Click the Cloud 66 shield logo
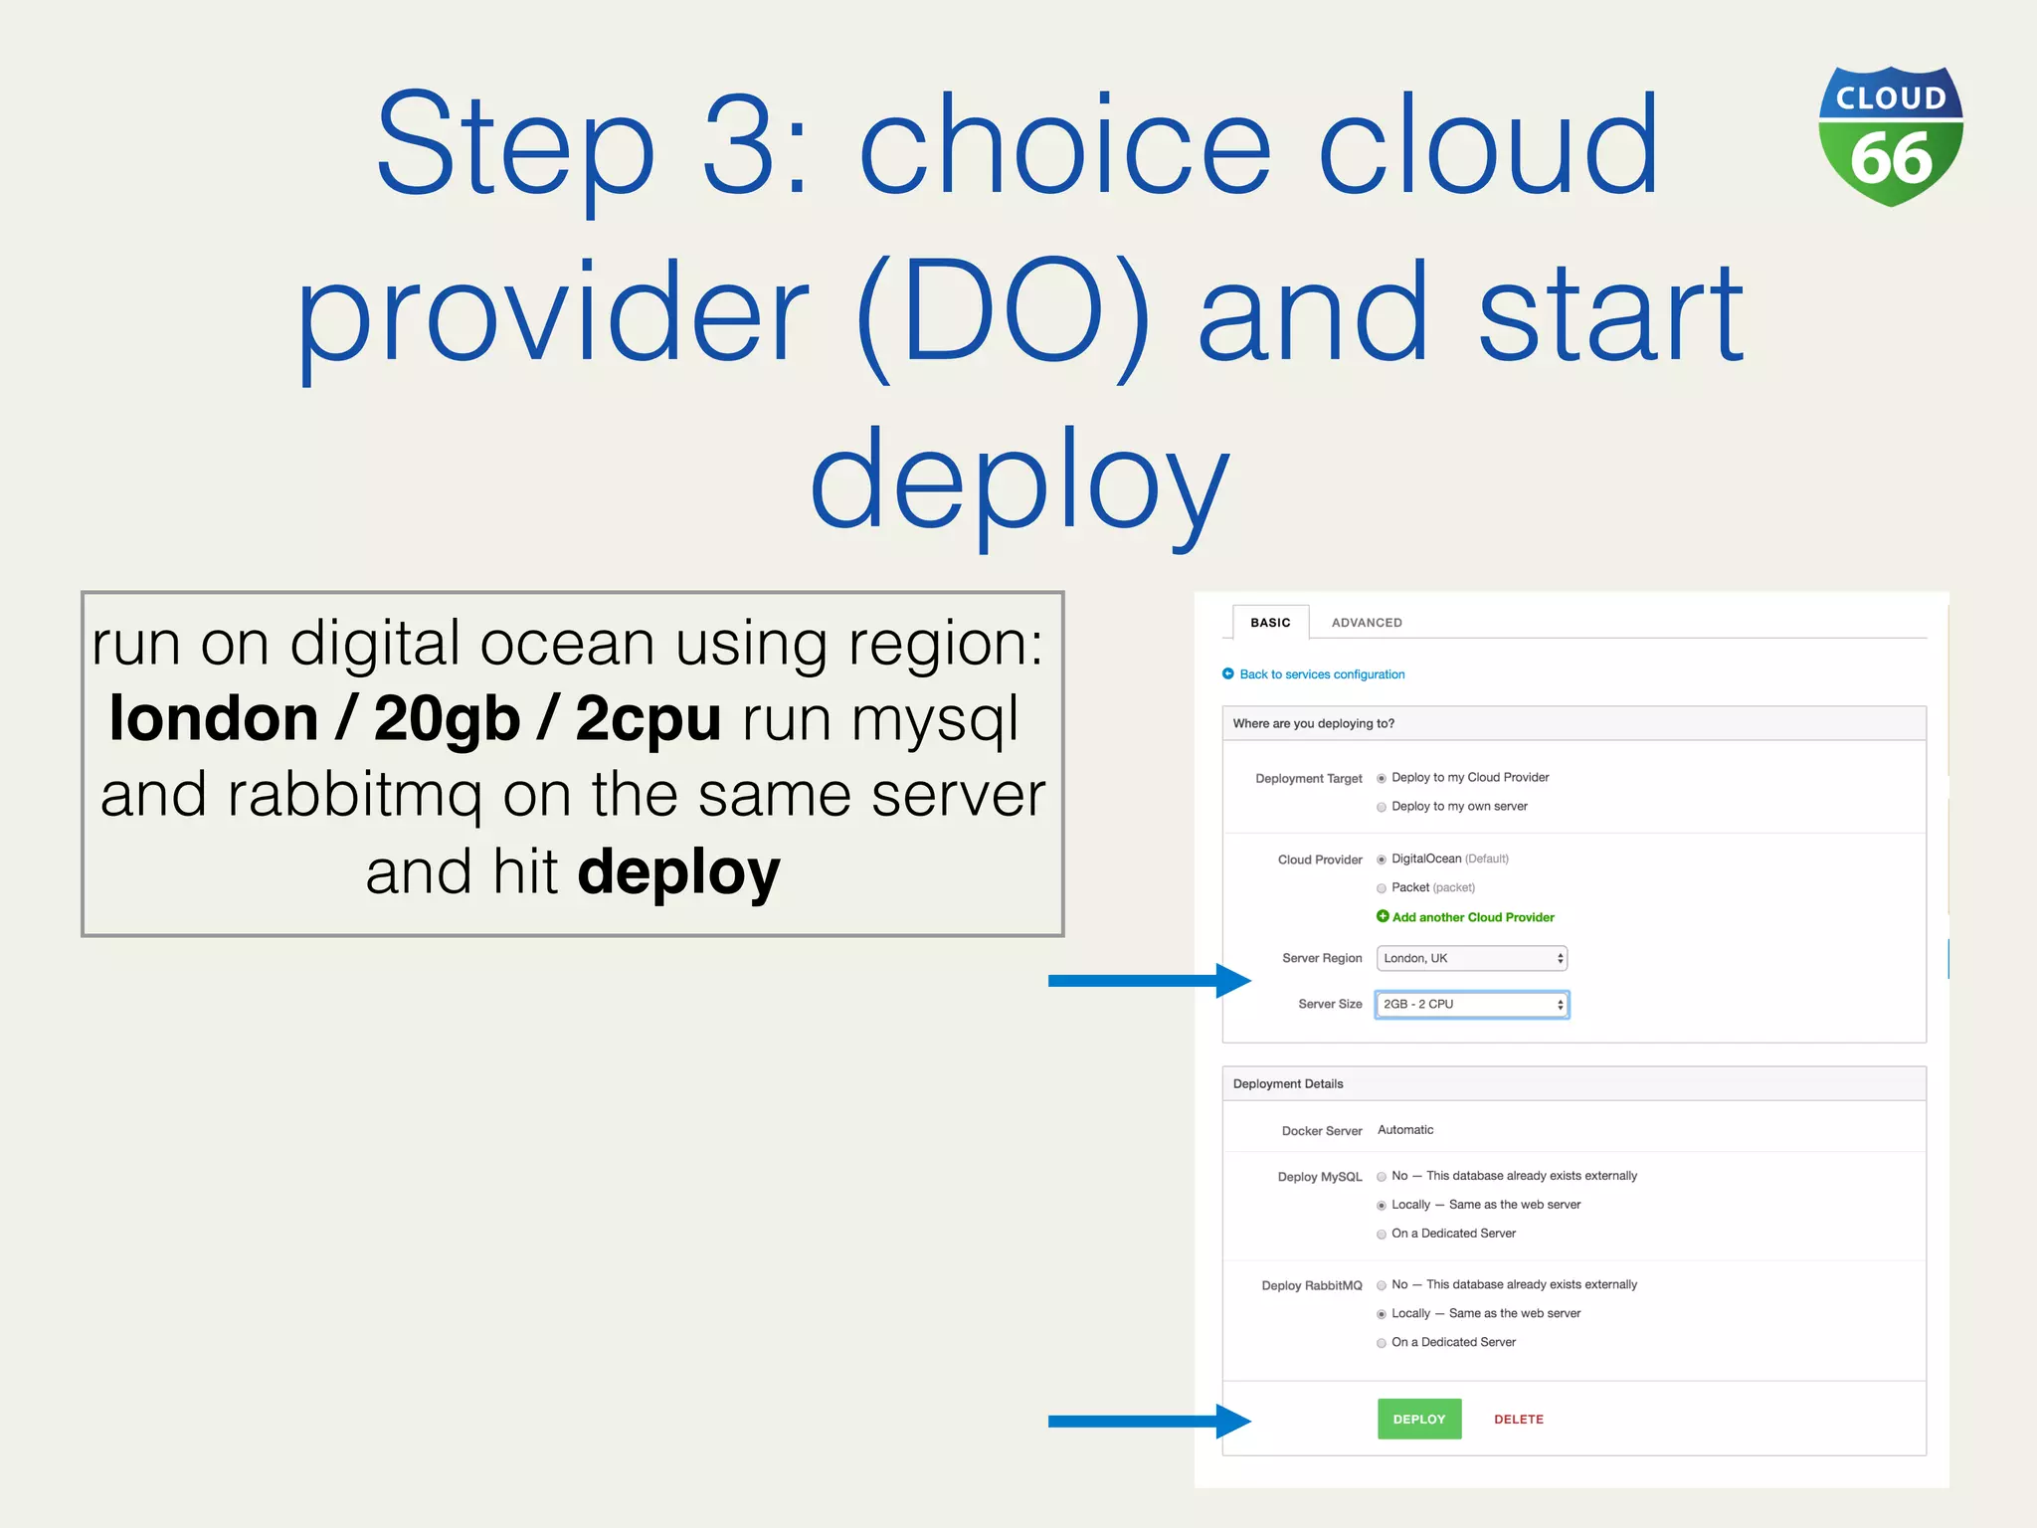pyautogui.click(x=1890, y=136)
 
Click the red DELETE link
pyautogui.click(x=1518, y=1420)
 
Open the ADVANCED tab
pyautogui.click(x=1367, y=623)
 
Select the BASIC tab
pyautogui.click(x=1270, y=623)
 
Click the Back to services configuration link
pyautogui.click(x=1321, y=674)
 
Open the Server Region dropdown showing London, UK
pyautogui.click(x=1471, y=958)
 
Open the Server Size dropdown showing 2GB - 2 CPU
pyautogui.click(x=1471, y=1005)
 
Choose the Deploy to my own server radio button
pyautogui.click(x=1382, y=807)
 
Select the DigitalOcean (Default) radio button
pyautogui.click(x=1382, y=859)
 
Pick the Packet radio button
pyautogui.click(x=1382, y=888)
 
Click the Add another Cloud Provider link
pyautogui.click(x=1472, y=917)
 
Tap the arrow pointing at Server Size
pyautogui.click(x=1149, y=981)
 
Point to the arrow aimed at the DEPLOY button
pyautogui.click(x=1149, y=1421)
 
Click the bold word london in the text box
pyautogui.click(x=213, y=718)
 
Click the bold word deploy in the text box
pyautogui.click(x=678, y=872)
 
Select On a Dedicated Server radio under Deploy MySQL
pyautogui.click(x=1382, y=1235)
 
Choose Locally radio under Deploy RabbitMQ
pyautogui.click(x=1382, y=1314)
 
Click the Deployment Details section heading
pyautogui.click(x=1287, y=1084)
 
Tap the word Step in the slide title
pyautogui.click(x=514, y=147)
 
